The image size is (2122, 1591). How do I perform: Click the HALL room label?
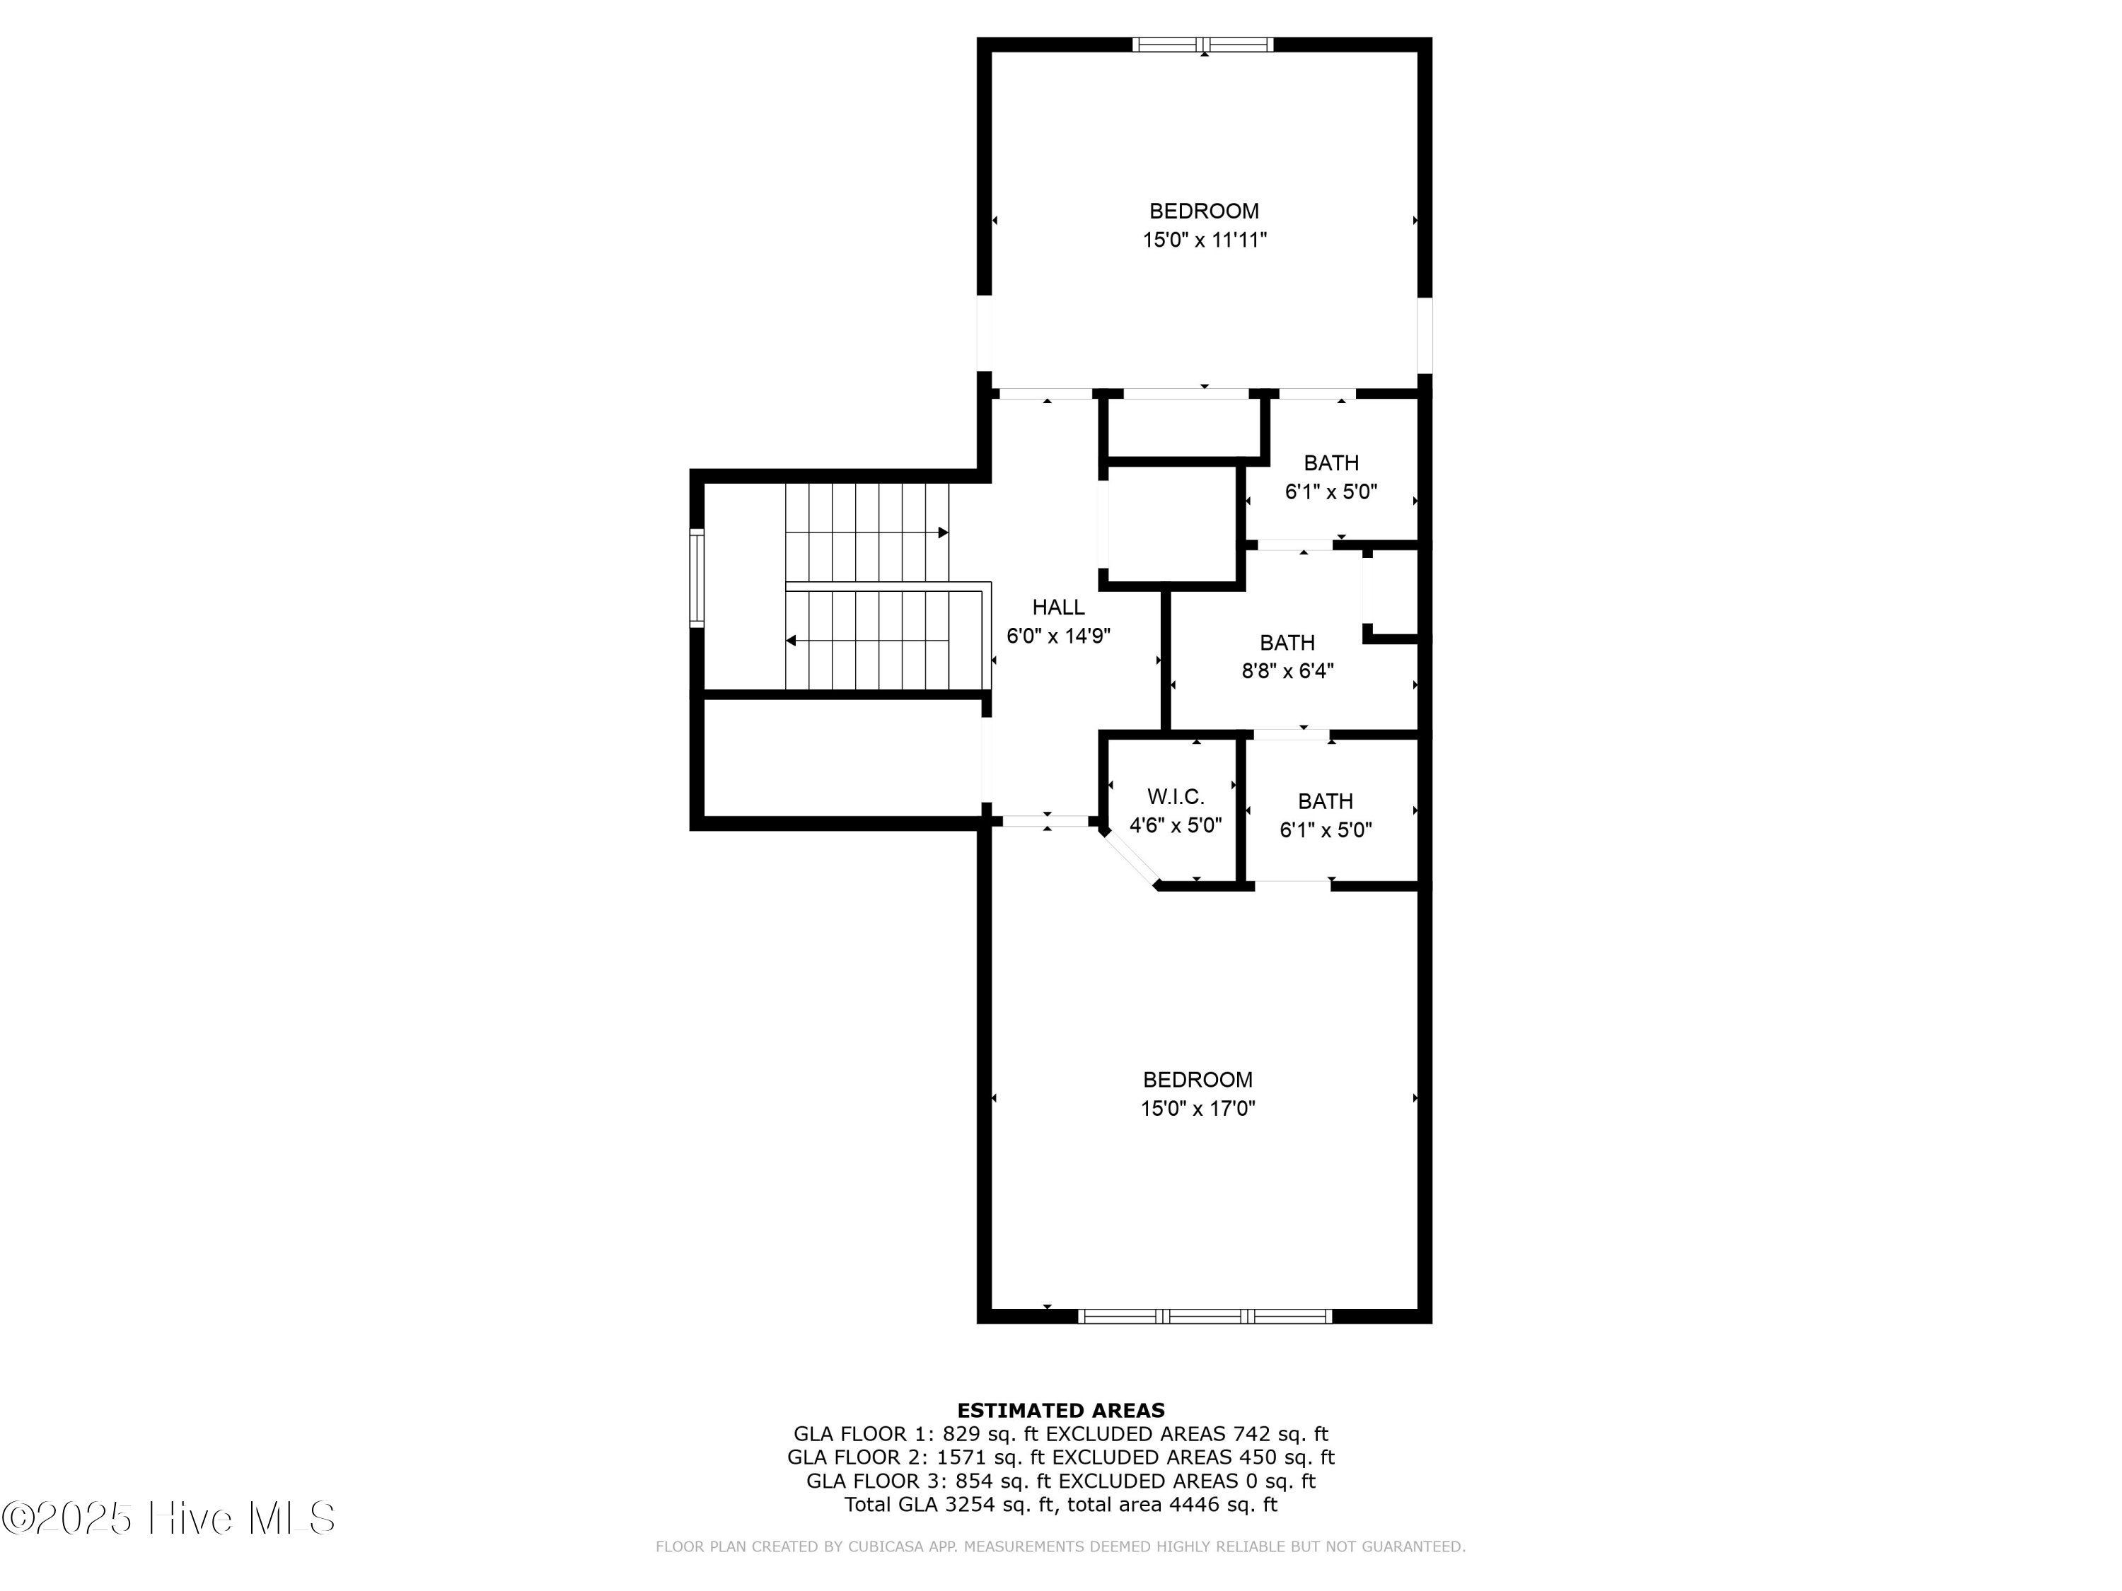(1058, 607)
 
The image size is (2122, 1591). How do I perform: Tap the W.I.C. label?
(1175, 797)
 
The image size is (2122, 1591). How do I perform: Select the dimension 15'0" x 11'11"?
(1204, 240)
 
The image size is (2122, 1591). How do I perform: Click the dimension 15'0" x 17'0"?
(1198, 1109)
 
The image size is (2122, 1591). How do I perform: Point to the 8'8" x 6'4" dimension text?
(1287, 671)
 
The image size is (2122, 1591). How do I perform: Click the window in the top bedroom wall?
(1203, 44)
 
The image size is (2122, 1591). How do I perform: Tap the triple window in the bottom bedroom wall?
(1205, 1316)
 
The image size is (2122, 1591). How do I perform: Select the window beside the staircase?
(697, 578)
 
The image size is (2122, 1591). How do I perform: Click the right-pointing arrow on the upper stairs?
(943, 532)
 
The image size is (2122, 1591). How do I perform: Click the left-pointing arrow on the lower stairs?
(792, 640)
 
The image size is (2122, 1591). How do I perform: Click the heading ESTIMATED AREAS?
(1061, 1410)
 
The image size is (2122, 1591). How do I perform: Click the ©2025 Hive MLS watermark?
(169, 1518)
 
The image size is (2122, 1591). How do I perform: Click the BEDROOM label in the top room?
(1204, 211)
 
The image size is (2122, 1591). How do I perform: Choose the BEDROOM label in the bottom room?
(1198, 1080)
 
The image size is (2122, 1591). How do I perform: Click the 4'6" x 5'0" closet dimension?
(1175, 826)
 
